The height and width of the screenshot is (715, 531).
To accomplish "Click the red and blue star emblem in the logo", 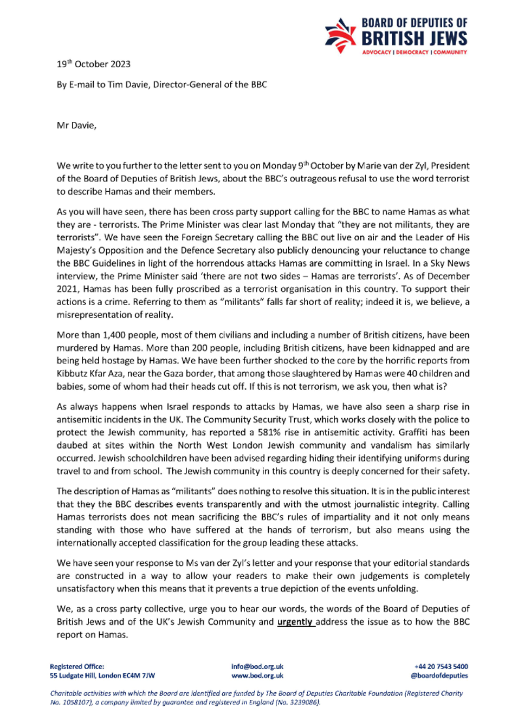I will click(x=340, y=35).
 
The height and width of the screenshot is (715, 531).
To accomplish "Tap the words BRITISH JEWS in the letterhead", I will click(x=414, y=38).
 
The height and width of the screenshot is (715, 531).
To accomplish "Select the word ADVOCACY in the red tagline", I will click(x=377, y=53).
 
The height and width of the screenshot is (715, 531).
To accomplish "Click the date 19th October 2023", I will click(x=94, y=64).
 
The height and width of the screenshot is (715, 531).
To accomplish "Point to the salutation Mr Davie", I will click(x=76, y=125).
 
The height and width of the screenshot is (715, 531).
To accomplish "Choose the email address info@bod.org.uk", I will click(x=257, y=667).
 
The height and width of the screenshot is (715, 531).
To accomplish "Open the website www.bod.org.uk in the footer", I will click(x=257, y=675).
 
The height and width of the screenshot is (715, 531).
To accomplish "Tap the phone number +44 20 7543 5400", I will click(x=441, y=667).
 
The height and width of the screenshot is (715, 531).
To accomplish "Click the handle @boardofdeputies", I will click(x=439, y=675).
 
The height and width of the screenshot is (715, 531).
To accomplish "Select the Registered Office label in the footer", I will click(x=77, y=667).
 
